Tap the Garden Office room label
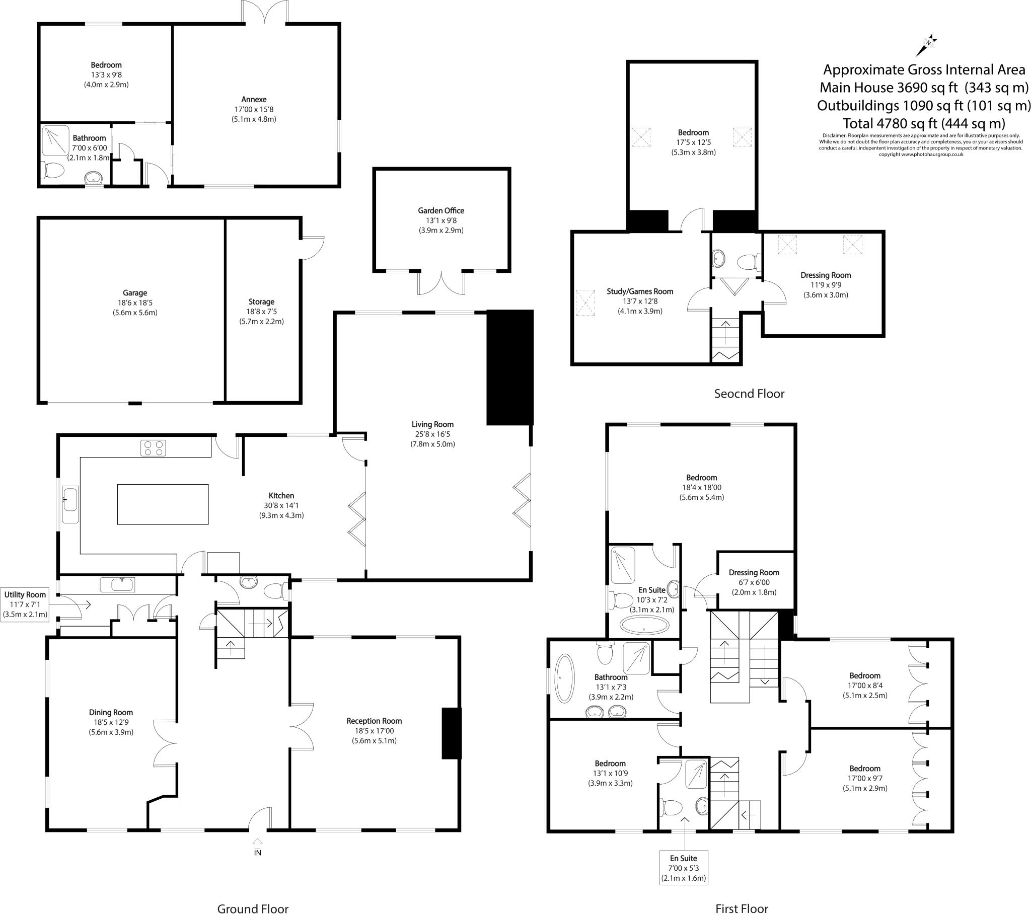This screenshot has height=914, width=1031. (x=441, y=211)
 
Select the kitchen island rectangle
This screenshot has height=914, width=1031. (x=163, y=504)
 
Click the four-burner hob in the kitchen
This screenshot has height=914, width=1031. (x=153, y=448)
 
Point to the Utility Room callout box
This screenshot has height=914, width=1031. (x=25, y=604)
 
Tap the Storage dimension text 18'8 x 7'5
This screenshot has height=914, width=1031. (x=261, y=312)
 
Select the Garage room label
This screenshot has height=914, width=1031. (x=135, y=292)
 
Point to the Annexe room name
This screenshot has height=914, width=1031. (x=254, y=99)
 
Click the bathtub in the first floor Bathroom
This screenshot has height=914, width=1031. (x=564, y=678)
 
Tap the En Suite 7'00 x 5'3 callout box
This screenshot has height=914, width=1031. (x=684, y=868)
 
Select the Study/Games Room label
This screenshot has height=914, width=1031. (x=639, y=291)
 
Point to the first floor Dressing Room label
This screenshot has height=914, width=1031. (x=754, y=573)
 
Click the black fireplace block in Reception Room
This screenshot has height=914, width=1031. (x=452, y=733)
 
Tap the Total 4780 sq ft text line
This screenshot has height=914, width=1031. (x=924, y=123)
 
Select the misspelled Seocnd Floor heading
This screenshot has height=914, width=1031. (x=749, y=394)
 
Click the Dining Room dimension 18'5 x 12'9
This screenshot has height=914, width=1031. (x=111, y=722)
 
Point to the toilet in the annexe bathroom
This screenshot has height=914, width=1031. (x=52, y=171)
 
